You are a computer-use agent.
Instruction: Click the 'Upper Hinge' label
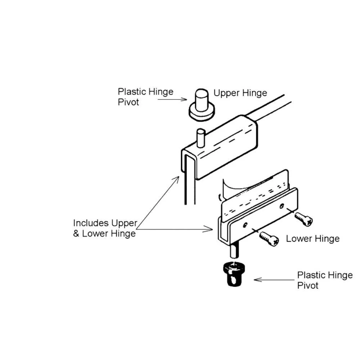pyautogui.click(x=240, y=93)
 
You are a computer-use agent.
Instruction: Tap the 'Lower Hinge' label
pyautogui.click(x=313, y=239)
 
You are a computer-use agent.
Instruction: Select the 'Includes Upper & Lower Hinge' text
pyautogui.click(x=105, y=228)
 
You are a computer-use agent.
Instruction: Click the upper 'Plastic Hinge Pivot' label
pyautogui.click(x=145, y=96)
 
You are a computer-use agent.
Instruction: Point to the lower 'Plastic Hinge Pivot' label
pyautogui.click(x=325, y=280)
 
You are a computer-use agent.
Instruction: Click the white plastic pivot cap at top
pyautogui.click(x=202, y=105)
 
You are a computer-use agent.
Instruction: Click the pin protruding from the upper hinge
pyautogui.click(x=201, y=138)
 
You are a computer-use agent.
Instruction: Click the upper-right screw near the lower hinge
pyautogui.click(x=303, y=219)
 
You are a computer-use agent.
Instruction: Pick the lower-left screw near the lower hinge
pyautogui.click(x=269, y=239)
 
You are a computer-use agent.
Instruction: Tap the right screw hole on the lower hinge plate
pyautogui.click(x=282, y=206)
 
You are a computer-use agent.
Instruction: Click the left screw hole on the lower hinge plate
pyautogui.click(x=245, y=225)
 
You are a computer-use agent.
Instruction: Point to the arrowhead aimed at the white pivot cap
pyautogui.click(x=184, y=99)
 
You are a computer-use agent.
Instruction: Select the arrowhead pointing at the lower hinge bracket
pyautogui.click(x=208, y=229)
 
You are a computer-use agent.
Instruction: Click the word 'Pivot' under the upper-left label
pyautogui.click(x=128, y=102)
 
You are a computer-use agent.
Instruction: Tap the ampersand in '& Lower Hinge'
pyautogui.click(x=76, y=234)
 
